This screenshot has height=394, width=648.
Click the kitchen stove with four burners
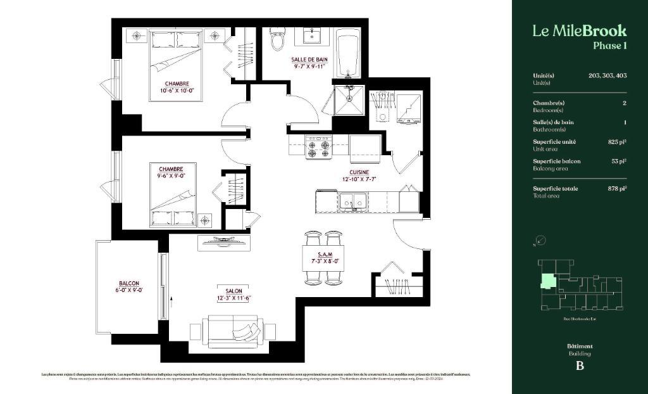(x=318, y=148)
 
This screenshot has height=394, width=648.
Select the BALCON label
(x=128, y=283)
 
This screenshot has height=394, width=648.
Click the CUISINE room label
(x=359, y=172)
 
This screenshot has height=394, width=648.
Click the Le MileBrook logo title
(x=579, y=30)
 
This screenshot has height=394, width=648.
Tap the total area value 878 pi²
(x=615, y=188)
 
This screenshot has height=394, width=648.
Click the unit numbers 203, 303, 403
(x=607, y=75)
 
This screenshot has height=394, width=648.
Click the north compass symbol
(x=540, y=241)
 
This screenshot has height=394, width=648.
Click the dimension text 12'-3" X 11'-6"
(x=234, y=298)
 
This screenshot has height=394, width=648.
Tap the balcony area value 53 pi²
(x=618, y=161)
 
